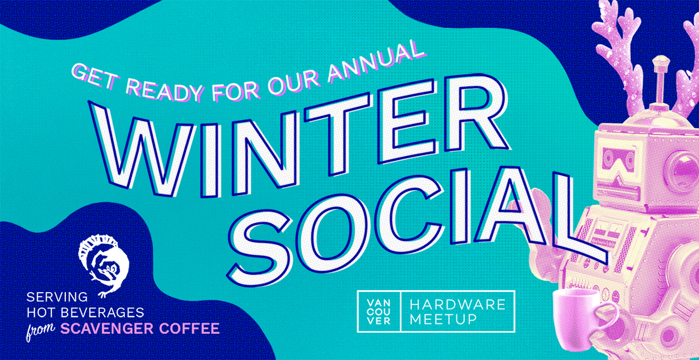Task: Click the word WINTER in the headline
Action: coord(300,137)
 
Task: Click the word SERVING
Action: coord(57,297)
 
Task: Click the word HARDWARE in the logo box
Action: coord(457,304)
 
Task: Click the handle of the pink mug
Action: coord(609,318)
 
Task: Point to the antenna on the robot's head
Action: coord(660,82)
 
